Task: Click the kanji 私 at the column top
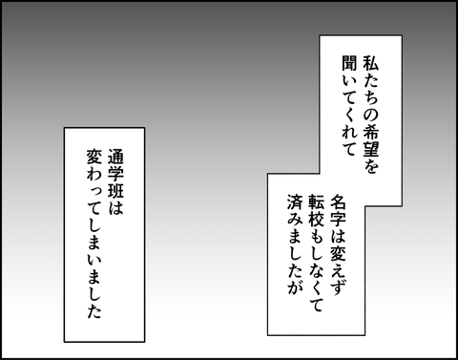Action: pyautogui.click(x=371, y=63)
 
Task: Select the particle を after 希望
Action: pyautogui.click(x=371, y=166)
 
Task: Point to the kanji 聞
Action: pyautogui.click(x=349, y=63)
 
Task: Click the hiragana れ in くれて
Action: pyautogui.click(x=349, y=132)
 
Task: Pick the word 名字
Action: pyautogui.click(x=339, y=210)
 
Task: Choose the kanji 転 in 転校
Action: pyautogui.click(x=317, y=201)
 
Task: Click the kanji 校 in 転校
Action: pyautogui.click(x=317, y=219)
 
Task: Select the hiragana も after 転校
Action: pyautogui.click(x=317, y=236)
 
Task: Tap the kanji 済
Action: pyautogui.click(x=295, y=201)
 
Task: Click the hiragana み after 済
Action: pyautogui.click(x=295, y=219)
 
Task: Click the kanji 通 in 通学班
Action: pyautogui.click(x=115, y=157)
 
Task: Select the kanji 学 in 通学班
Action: pyautogui.click(x=115, y=174)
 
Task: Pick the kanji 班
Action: pyautogui.click(x=115, y=191)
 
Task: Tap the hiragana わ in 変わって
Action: pyautogui.click(x=94, y=174)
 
